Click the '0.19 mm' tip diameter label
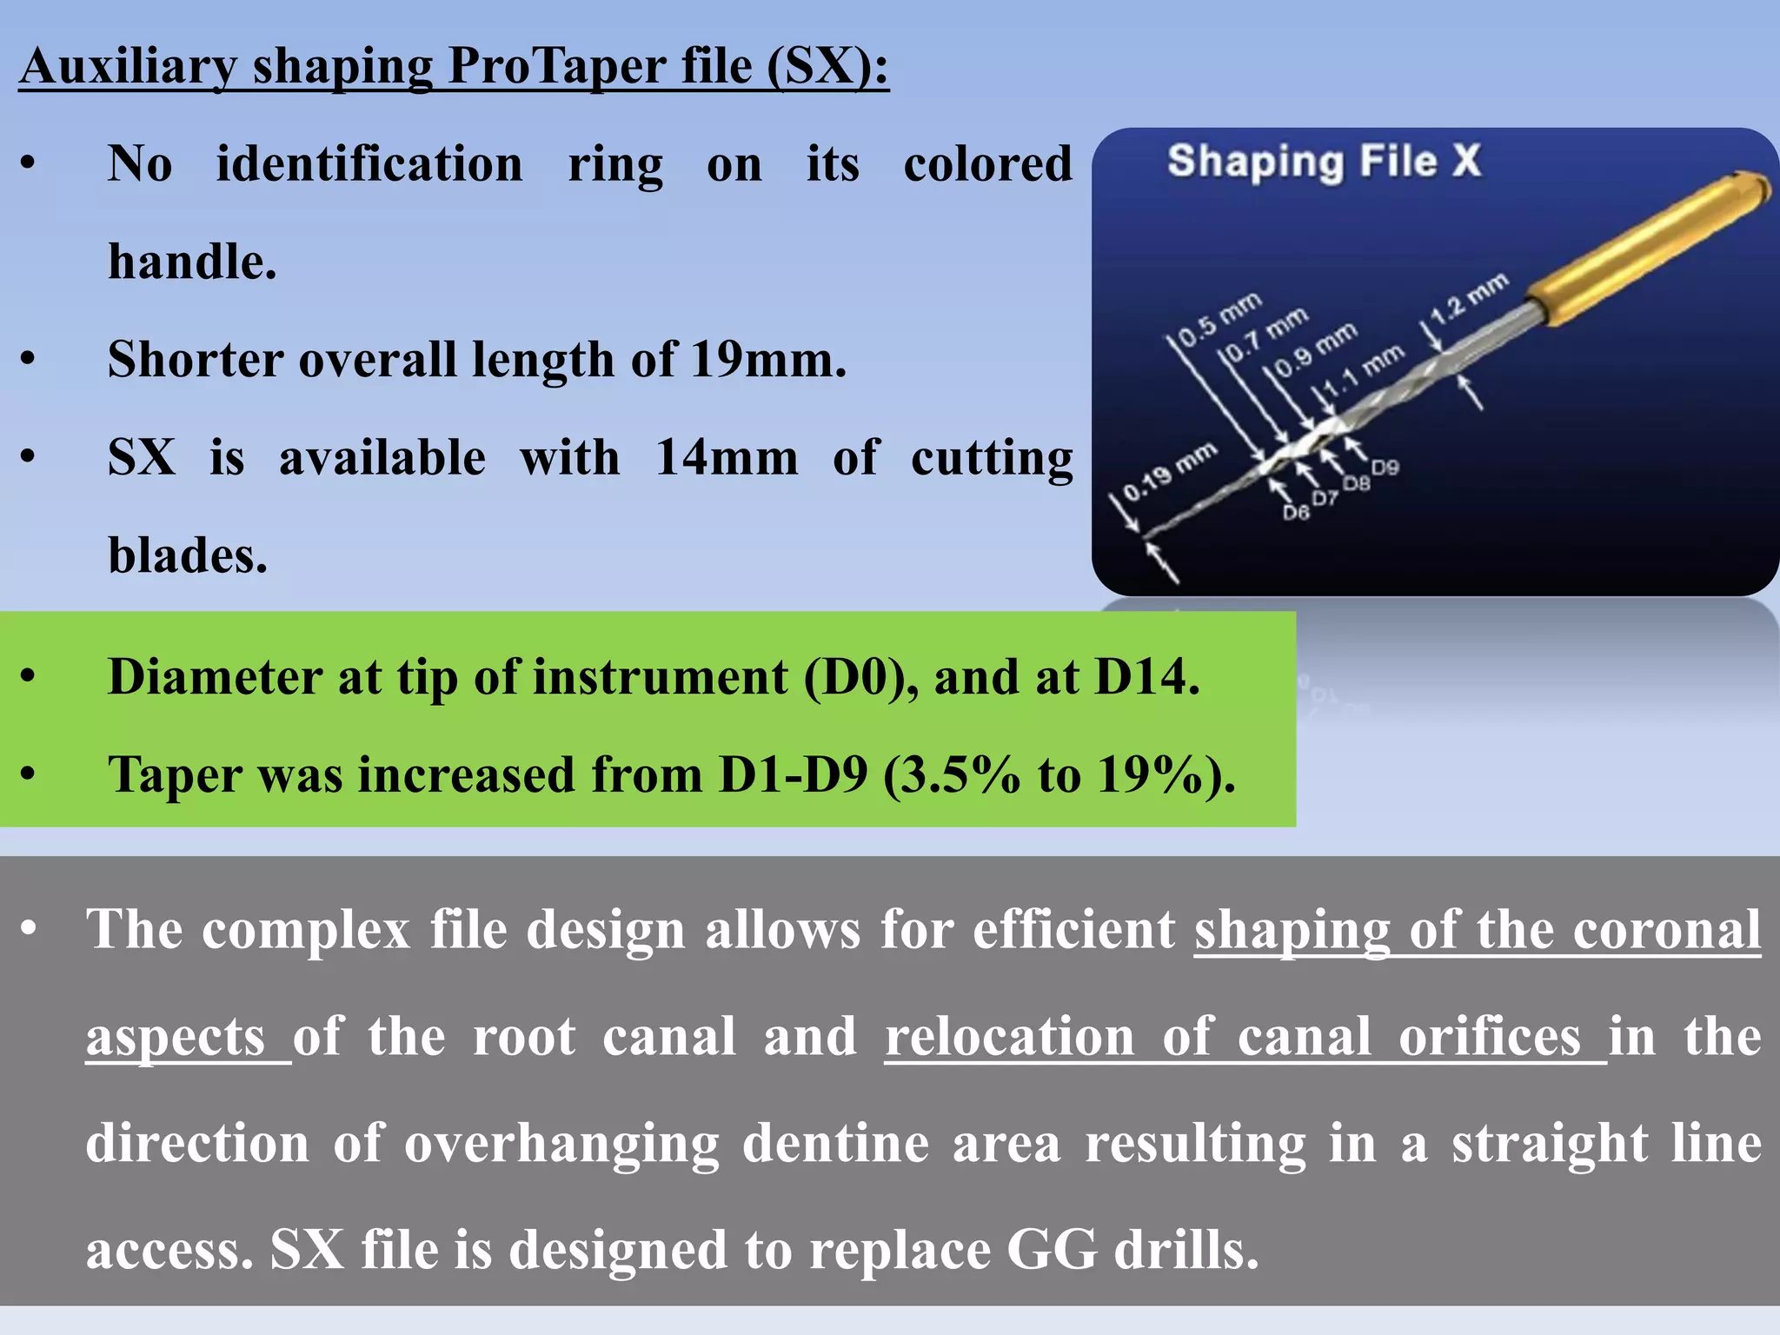(x=1168, y=472)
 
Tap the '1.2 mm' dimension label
(x=1470, y=298)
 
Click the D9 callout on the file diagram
(x=1385, y=467)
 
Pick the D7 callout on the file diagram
(x=1325, y=497)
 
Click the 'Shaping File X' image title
(x=1323, y=162)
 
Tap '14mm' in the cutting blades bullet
(x=727, y=457)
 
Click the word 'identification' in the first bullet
(x=369, y=163)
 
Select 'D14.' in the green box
(x=1146, y=677)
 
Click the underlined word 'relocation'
(x=1009, y=1036)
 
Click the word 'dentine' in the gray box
(x=835, y=1143)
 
